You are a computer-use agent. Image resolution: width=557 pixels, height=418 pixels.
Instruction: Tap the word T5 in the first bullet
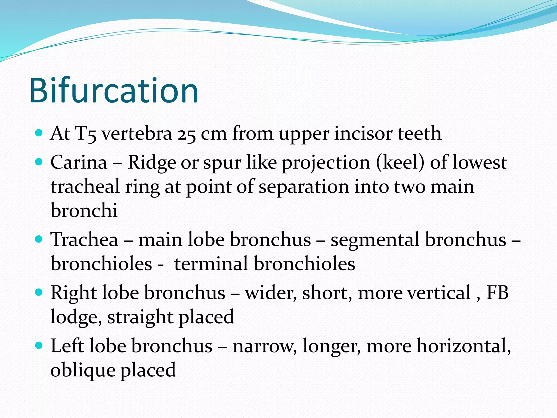86,134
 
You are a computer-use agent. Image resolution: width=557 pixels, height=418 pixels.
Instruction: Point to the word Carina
79,162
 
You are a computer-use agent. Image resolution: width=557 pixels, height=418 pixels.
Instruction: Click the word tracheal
85,187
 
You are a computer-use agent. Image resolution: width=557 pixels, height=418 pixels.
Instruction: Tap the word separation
304,187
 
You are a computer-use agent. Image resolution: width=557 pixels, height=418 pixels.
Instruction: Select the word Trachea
84,240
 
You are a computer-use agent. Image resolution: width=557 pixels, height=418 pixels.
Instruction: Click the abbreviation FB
497,293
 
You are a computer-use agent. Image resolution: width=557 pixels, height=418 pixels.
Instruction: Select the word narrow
264,346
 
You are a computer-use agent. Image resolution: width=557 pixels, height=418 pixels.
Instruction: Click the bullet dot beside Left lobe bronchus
39,346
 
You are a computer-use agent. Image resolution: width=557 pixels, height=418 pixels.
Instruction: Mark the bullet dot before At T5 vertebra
39,133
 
